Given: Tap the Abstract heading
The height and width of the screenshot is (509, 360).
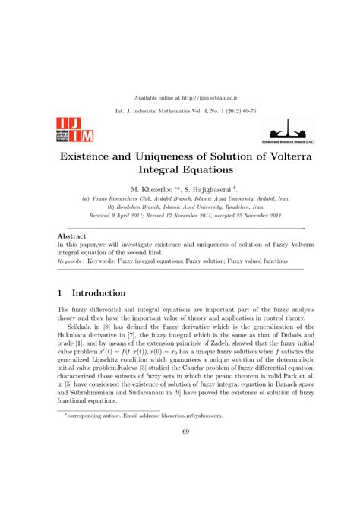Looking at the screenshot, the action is (72, 237).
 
